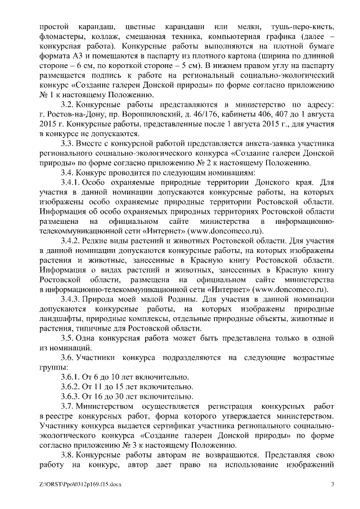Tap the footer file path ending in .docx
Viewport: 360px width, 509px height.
80,484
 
